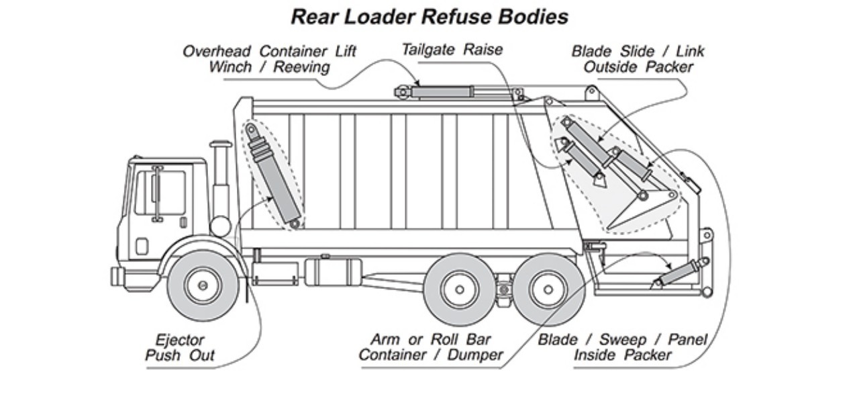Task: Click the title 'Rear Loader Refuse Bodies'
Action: click(429, 17)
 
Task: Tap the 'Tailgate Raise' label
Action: click(452, 50)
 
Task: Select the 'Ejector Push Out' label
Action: click(179, 347)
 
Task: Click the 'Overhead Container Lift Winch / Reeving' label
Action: click(269, 59)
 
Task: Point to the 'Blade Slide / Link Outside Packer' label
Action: click(638, 59)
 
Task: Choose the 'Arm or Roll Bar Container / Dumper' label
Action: click(430, 347)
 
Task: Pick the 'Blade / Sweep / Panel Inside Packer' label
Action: click(622, 347)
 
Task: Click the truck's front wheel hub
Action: click(203, 285)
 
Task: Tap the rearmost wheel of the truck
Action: click(548, 289)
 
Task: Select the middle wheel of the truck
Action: click(459, 289)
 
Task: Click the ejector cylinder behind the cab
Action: click(272, 175)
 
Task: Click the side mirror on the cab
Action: click(156, 193)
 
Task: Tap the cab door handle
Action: click(183, 222)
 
